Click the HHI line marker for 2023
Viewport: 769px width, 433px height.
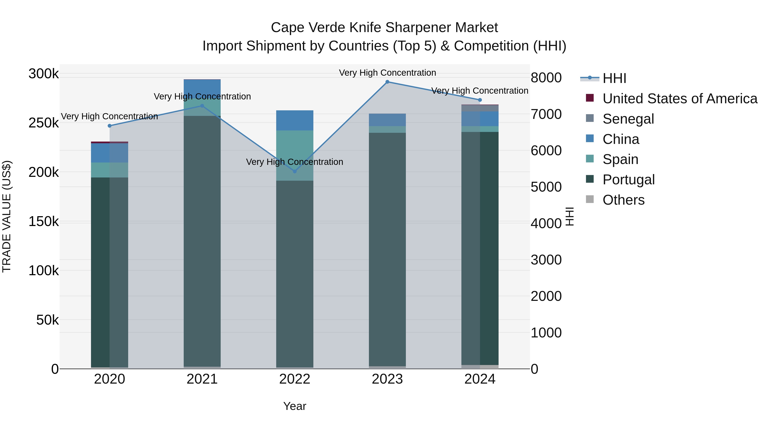[x=387, y=82]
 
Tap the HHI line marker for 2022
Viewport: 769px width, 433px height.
[x=295, y=171]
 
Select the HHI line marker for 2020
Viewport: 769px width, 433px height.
[x=110, y=126]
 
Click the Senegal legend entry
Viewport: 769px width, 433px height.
[x=628, y=119]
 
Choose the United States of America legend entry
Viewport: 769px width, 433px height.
[x=680, y=99]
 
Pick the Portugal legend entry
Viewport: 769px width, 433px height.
[x=628, y=180]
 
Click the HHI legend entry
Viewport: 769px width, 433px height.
[x=614, y=78]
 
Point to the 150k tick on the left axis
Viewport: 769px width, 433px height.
[x=44, y=222]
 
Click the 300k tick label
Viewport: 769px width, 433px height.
[x=44, y=74]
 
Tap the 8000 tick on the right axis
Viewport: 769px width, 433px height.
[x=546, y=78]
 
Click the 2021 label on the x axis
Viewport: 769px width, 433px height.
[x=202, y=379]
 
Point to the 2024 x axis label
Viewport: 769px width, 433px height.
[x=480, y=379]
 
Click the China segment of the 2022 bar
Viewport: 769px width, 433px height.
[x=295, y=120]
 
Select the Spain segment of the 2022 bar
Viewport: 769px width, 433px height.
[x=295, y=155]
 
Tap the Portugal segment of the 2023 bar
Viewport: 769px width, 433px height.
[x=387, y=249]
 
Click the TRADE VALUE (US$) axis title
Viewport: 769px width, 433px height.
[x=7, y=216]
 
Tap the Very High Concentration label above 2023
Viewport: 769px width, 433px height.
[x=387, y=73]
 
